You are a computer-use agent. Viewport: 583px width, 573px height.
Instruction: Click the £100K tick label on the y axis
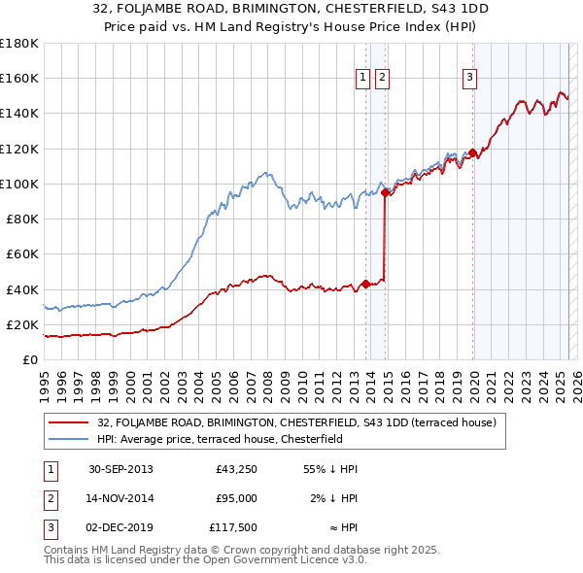[x=19, y=184]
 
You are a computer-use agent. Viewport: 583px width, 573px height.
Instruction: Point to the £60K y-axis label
[x=22, y=253]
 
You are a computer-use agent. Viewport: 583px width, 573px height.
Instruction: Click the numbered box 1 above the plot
[x=362, y=79]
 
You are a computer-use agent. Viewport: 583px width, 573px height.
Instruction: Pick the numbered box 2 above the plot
[x=382, y=79]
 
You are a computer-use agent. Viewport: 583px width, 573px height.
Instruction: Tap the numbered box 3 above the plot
[x=469, y=79]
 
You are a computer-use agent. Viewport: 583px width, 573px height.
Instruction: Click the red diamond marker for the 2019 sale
[x=472, y=152]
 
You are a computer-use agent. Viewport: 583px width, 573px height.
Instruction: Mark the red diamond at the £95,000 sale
[x=386, y=192]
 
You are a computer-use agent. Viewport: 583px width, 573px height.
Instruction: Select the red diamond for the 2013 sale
[x=365, y=284]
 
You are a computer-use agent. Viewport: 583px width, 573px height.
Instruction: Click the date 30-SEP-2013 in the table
[x=120, y=469]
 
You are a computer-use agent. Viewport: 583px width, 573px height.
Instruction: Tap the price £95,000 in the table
[x=236, y=498]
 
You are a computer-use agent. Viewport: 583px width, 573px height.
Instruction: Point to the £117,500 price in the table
[x=233, y=527]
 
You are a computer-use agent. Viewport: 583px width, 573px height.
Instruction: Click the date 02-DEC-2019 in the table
[x=120, y=527]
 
